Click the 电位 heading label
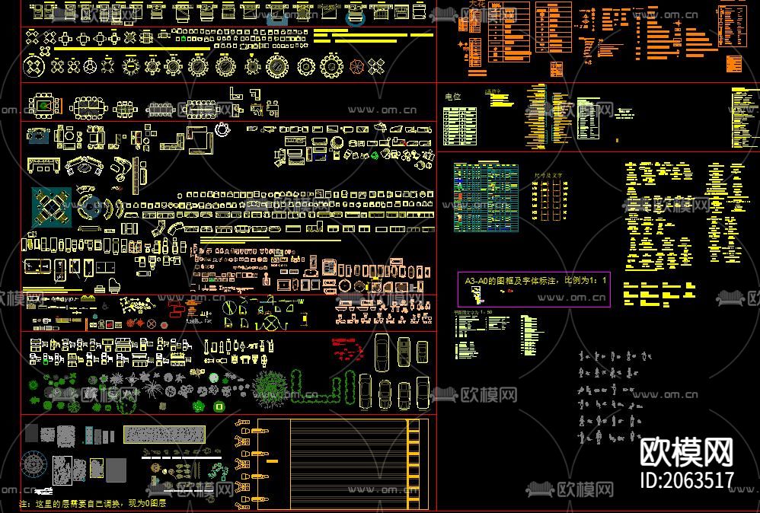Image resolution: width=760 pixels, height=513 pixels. [x=452, y=97]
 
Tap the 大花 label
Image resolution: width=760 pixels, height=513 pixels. [x=477, y=5]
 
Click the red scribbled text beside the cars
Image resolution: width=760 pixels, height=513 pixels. [x=348, y=350]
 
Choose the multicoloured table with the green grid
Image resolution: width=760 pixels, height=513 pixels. [x=486, y=197]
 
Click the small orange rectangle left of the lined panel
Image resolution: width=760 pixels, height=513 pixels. [x=273, y=461]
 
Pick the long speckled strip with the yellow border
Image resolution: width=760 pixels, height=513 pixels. [x=164, y=434]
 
